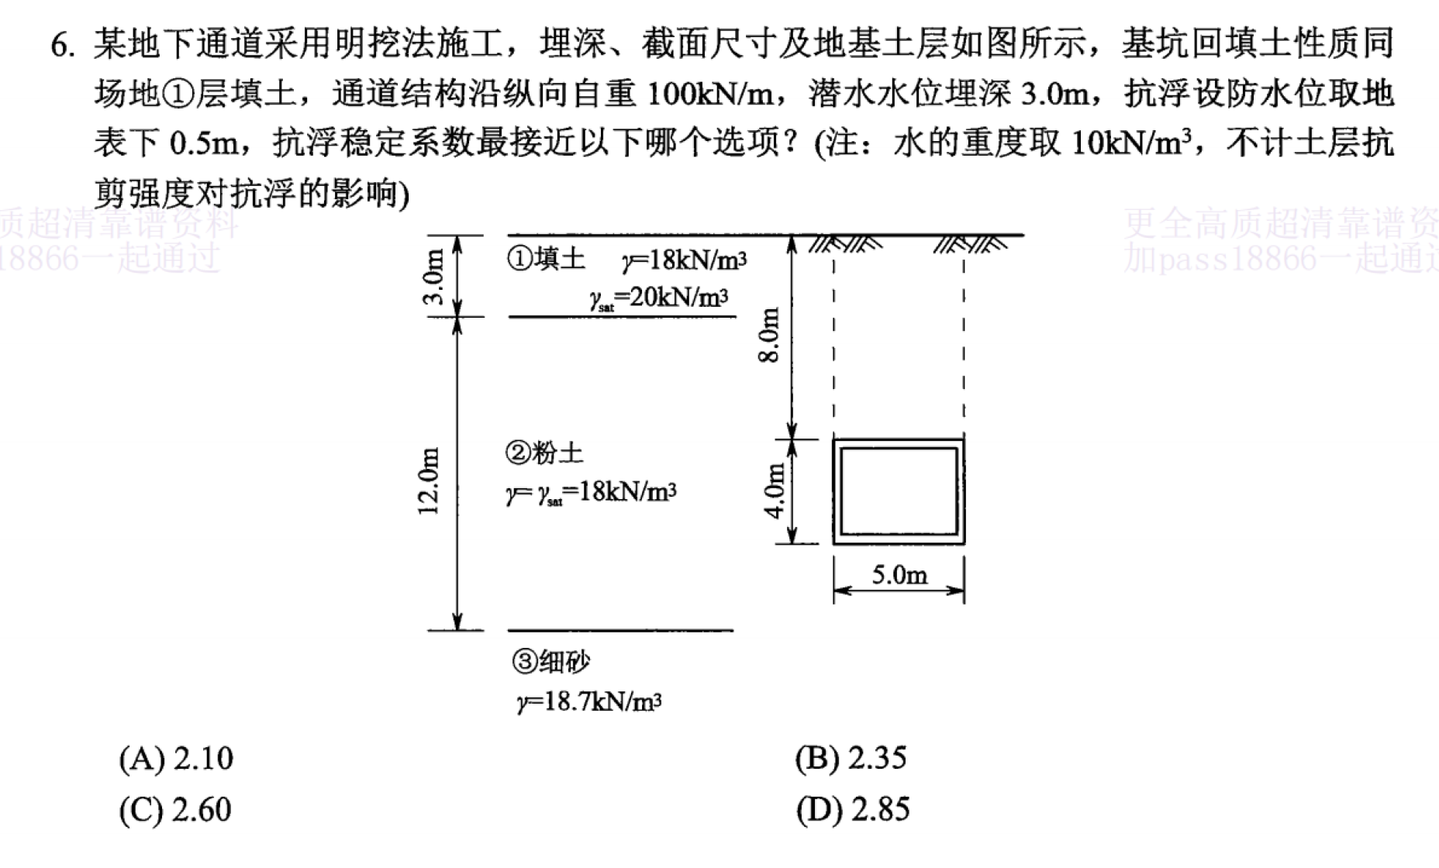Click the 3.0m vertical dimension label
435,277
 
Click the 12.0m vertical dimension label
429,480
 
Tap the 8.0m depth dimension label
769,336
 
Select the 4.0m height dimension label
775,492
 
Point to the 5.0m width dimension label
899,574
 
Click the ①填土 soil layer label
547,258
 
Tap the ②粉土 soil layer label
544,452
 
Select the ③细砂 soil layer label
550,661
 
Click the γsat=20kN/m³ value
659,298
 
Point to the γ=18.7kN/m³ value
589,701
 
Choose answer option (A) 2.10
176,758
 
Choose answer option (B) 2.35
851,758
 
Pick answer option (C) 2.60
175,810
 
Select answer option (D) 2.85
853,810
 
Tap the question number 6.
63,45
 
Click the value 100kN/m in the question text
710,94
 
